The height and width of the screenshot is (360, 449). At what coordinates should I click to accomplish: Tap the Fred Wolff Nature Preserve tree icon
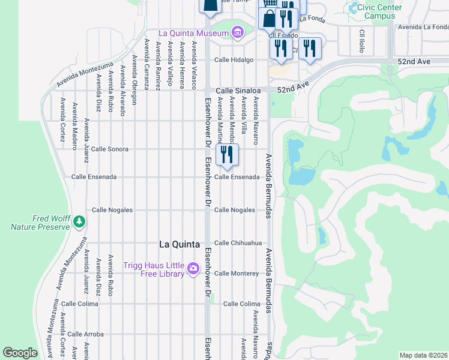79,222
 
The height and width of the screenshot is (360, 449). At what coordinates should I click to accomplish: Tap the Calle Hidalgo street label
234,60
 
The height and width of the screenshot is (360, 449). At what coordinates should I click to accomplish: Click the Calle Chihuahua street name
238,243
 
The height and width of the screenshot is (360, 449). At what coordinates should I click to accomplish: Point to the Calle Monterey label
237,273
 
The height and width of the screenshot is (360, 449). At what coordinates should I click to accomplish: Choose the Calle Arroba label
85,334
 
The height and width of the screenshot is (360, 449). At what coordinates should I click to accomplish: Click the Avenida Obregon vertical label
134,80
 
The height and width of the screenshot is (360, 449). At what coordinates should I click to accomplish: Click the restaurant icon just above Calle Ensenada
227,155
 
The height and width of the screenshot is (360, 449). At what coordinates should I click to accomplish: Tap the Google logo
20,353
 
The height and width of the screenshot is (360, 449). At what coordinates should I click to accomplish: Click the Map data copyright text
423,355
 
